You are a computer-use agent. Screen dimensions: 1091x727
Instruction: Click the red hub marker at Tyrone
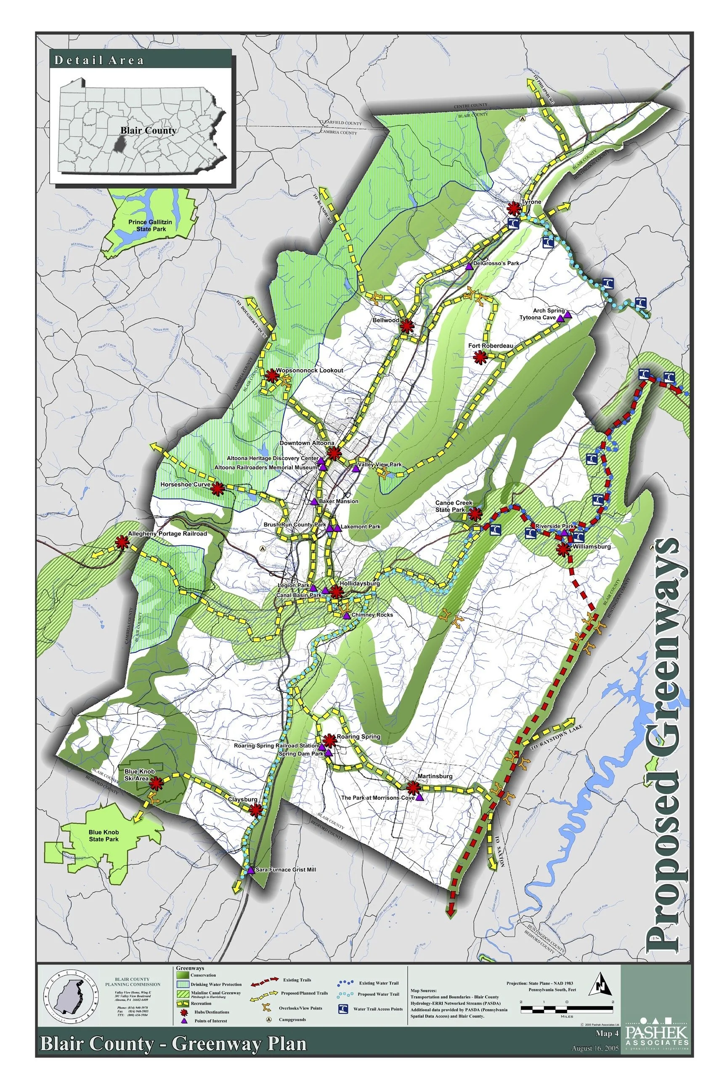click(513, 208)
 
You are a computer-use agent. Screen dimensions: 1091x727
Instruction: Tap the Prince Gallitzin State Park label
click(150, 226)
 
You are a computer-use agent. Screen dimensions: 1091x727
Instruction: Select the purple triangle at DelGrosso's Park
click(469, 265)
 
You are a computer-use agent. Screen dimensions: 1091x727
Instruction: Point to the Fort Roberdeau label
click(490, 346)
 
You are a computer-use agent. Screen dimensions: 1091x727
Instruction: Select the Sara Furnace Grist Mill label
click(286, 870)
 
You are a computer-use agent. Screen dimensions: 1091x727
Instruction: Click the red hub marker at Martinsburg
click(413, 787)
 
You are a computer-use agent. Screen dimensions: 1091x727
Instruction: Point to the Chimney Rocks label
click(372, 615)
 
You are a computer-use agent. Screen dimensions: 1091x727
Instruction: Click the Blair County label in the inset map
click(149, 131)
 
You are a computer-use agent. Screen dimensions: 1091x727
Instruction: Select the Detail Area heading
click(99, 60)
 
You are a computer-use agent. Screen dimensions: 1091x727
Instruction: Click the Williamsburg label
click(591, 547)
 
